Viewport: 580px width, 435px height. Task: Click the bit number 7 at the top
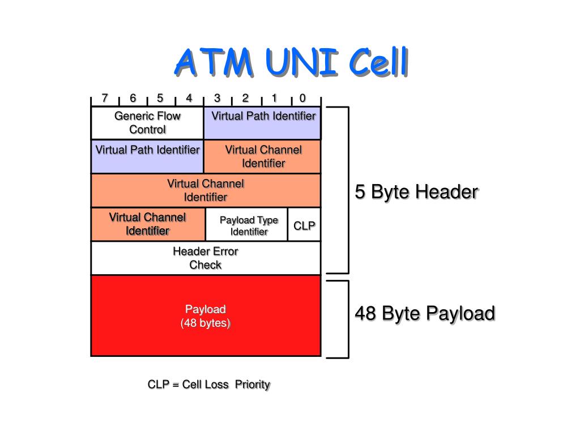pos(105,98)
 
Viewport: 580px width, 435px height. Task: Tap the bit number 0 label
pos(302,98)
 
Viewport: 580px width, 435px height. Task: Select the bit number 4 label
pos(189,98)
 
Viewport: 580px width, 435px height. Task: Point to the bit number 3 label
pos(217,98)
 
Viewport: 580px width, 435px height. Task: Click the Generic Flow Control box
pos(147,123)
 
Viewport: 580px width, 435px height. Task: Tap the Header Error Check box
pos(206,258)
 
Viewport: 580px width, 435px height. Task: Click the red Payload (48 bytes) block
pos(206,316)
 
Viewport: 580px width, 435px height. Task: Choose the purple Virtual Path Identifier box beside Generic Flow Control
pos(262,123)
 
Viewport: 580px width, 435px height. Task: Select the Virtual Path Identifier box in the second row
pos(147,156)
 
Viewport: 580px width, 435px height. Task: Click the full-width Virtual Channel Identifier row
pos(206,190)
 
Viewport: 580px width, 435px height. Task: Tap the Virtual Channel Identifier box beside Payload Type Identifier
pos(148,224)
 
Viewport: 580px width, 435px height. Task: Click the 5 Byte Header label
pos(416,192)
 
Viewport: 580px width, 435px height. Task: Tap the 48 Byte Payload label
pos(425,313)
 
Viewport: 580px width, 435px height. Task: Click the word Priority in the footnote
pos(253,385)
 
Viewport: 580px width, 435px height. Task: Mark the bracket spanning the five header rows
pos(348,190)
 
